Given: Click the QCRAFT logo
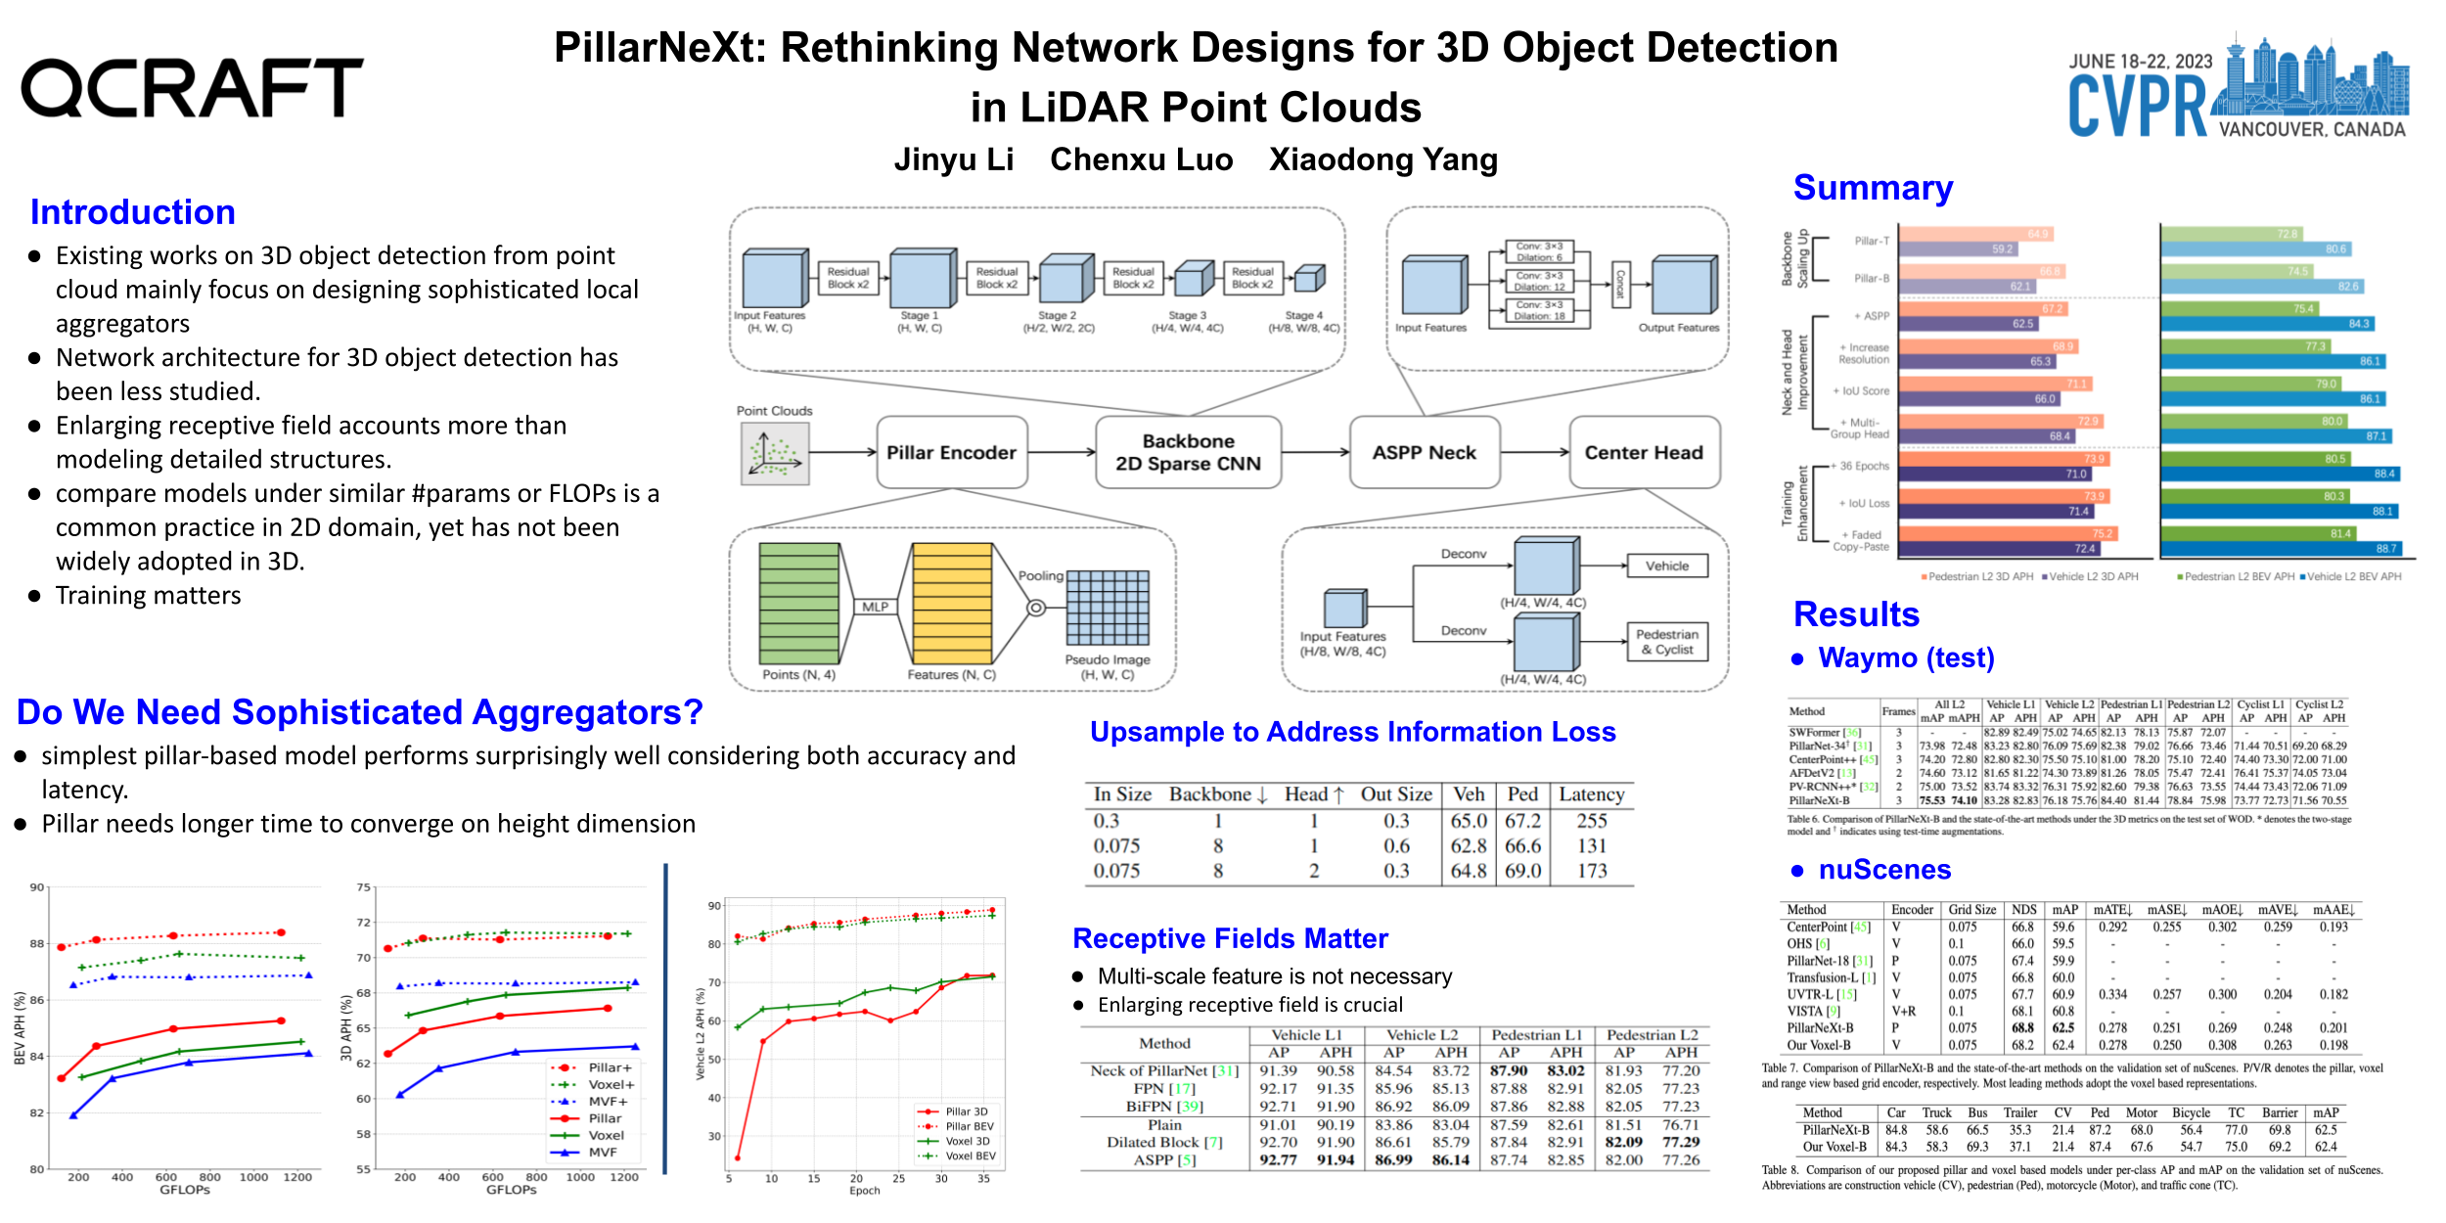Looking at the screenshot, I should [192, 88].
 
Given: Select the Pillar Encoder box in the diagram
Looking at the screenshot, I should [951, 453].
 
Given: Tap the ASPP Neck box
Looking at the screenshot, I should [1424, 453].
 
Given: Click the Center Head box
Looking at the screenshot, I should [1644, 453].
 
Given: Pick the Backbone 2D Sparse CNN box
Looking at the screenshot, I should [1188, 453].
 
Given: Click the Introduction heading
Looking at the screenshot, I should [133, 212].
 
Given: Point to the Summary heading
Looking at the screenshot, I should [1873, 188].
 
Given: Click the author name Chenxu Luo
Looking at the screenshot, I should [1141, 159].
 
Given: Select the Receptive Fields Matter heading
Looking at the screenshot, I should [1230, 938].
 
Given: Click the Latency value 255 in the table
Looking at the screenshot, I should [1591, 821].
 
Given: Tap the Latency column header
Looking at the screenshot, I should [1591, 794].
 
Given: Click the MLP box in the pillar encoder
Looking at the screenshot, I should [875, 607].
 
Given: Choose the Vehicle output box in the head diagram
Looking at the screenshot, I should [1666, 566].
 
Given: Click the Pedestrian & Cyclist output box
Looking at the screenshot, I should [1666, 642].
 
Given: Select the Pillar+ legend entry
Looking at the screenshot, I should [597, 1067].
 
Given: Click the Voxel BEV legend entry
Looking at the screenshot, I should [958, 1155].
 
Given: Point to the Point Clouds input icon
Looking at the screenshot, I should [774, 455].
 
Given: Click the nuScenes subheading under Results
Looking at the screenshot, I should [1883, 870].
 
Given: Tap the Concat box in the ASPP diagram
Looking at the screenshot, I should [1619, 283].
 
